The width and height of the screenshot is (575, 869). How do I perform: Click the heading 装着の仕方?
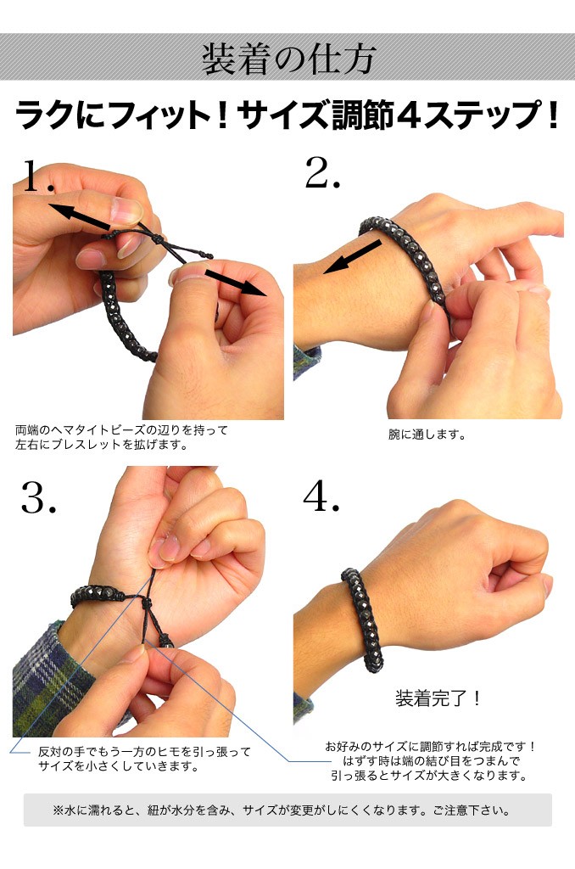288,59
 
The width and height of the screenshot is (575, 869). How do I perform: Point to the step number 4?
321,495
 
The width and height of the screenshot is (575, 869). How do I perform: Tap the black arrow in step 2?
352,256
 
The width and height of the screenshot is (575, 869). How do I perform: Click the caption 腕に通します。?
427,435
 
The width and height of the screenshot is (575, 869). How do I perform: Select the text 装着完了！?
438,698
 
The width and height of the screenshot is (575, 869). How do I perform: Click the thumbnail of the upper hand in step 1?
127,210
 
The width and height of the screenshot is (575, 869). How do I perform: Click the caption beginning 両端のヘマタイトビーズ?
121,437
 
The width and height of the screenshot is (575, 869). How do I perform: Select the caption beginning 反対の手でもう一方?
144,760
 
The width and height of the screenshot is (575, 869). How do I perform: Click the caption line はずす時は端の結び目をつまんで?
432,761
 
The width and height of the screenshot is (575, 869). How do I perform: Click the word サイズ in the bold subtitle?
283,115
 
